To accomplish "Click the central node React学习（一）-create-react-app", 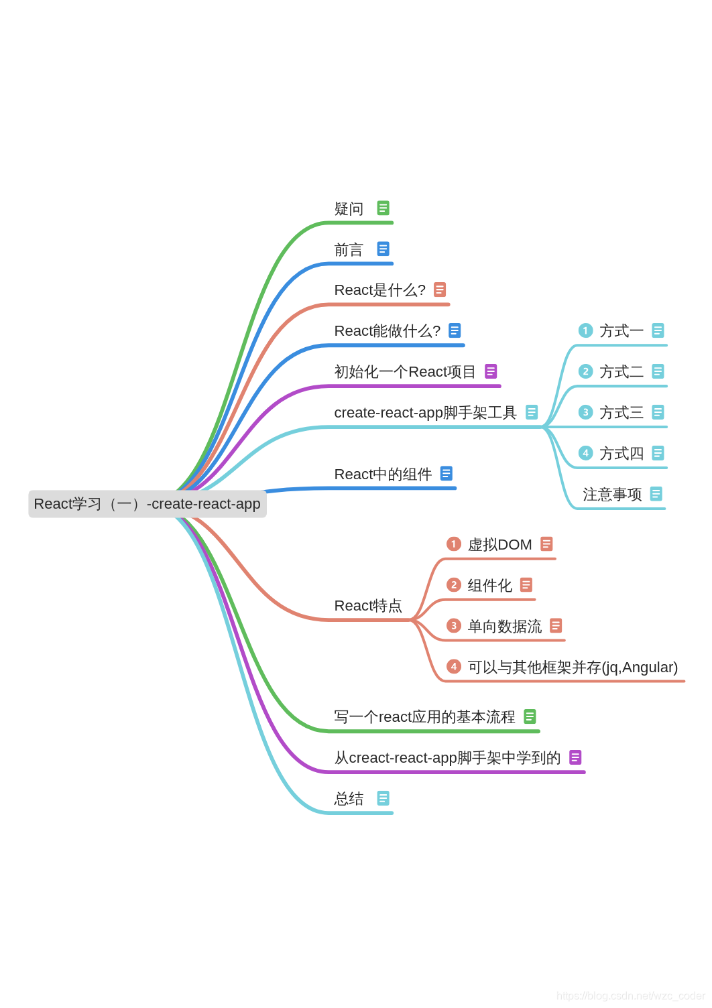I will tap(147, 504).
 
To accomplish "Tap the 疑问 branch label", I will tap(349, 209).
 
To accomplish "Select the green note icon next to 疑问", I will tap(383, 208).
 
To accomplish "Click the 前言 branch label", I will tap(349, 250).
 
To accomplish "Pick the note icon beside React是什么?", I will tap(440, 290).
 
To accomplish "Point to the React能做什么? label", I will tap(387, 331).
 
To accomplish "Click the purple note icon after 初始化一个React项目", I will tap(491, 371).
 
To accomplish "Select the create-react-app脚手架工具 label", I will tap(425, 413).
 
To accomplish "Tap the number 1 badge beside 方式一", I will tap(585, 330).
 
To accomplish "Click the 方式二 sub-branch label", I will tap(621, 372).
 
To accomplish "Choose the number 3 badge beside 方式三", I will tap(585, 412).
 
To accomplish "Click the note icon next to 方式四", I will tap(658, 453).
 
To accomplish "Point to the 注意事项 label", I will tap(612, 495).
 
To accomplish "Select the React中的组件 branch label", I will tap(383, 475).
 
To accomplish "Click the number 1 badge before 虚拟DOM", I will tap(454, 544).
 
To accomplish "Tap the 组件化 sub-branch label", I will tap(490, 586).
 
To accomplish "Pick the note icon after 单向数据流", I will tap(556, 625).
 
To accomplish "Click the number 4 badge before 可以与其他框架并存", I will tap(454, 667).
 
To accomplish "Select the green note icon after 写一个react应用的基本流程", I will tap(530, 716).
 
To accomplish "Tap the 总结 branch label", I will tap(349, 799).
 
